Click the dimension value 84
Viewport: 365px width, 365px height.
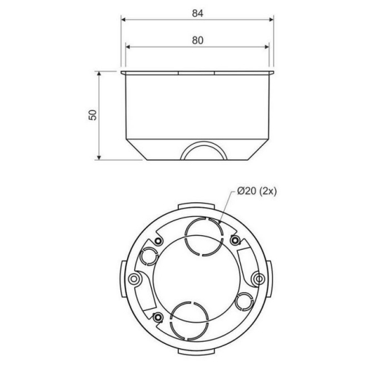coord(197,13)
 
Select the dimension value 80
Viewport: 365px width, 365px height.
coord(198,40)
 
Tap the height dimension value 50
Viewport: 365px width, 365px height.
coord(93,115)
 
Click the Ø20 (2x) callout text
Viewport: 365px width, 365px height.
coord(257,191)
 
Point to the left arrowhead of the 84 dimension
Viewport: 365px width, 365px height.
coord(123,20)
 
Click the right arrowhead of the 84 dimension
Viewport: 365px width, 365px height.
coord(271,20)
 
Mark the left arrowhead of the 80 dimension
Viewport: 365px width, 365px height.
coord(128,47)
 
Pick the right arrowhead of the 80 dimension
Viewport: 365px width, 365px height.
coord(266,47)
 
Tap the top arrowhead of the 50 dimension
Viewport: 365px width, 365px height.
coord(99,74)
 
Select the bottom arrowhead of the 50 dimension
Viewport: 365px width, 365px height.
coord(99,158)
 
